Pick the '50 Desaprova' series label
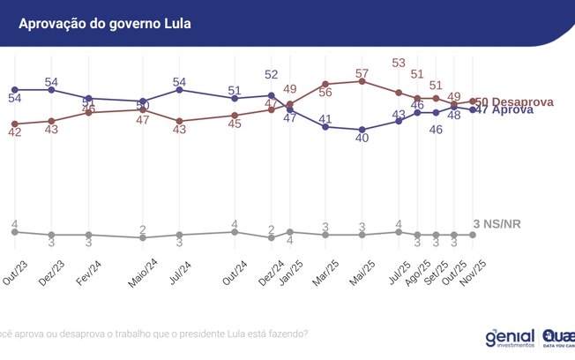pyautogui.click(x=515, y=102)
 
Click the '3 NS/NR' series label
pyautogui.click(x=497, y=224)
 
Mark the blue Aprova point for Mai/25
pyautogui.click(x=362, y=130)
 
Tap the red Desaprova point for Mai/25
pyautogui.click(x=362, y=81)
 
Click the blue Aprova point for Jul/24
pyautogui.click(x=179, y=90)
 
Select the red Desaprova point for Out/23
pyautogui.click(x=15, y=124)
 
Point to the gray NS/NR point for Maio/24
pyautogui.click(x=143, y=237)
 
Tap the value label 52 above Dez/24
pyautogui.click(x=272, y=75)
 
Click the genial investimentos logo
pyautogui.click(x=510, y=339)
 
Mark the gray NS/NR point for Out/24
pyautogui.click(x=235, y=232)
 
